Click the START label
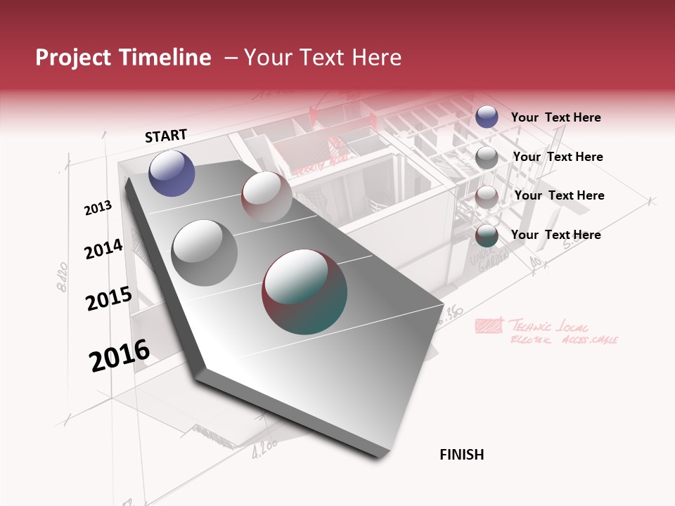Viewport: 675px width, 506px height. pyautogui.click(x=166, y=136)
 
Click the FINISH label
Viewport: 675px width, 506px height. pyautogui.click(x=461, y=455)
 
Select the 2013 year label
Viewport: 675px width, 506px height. pyautogui.click(x=98, y=208)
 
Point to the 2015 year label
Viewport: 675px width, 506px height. pyautogui.click(x=108, y=299)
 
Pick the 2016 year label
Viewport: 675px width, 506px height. pyautogui.click(x=120, y=356)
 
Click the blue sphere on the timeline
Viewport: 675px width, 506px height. pyautogui.click(x=172, y=173)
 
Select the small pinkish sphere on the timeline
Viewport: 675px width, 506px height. pyautogui.click(x=266, y=196)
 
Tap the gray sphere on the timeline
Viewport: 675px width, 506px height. pyautogui.click(x=204, y=252)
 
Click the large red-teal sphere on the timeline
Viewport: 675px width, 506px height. pyautogui.click(x=304, y=292)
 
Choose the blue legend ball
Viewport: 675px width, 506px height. pyautogui.click(x=487, y=117)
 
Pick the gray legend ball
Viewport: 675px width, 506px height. pyautogui.click(x=487, y=157)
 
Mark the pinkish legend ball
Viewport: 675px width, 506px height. pyautogui.click(x=487, y=197)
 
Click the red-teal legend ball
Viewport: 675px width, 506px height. pyautogui.click(x=487, y=235)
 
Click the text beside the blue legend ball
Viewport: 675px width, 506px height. pyautogui.click(x=555, y=117)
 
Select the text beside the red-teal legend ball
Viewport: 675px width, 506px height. pyautogui.click(x=555, y=235)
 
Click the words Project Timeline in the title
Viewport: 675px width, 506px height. pyautogui.click(x=123, y=58)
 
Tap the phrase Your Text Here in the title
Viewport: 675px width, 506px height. pyautogui.click(x=322, y=58)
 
